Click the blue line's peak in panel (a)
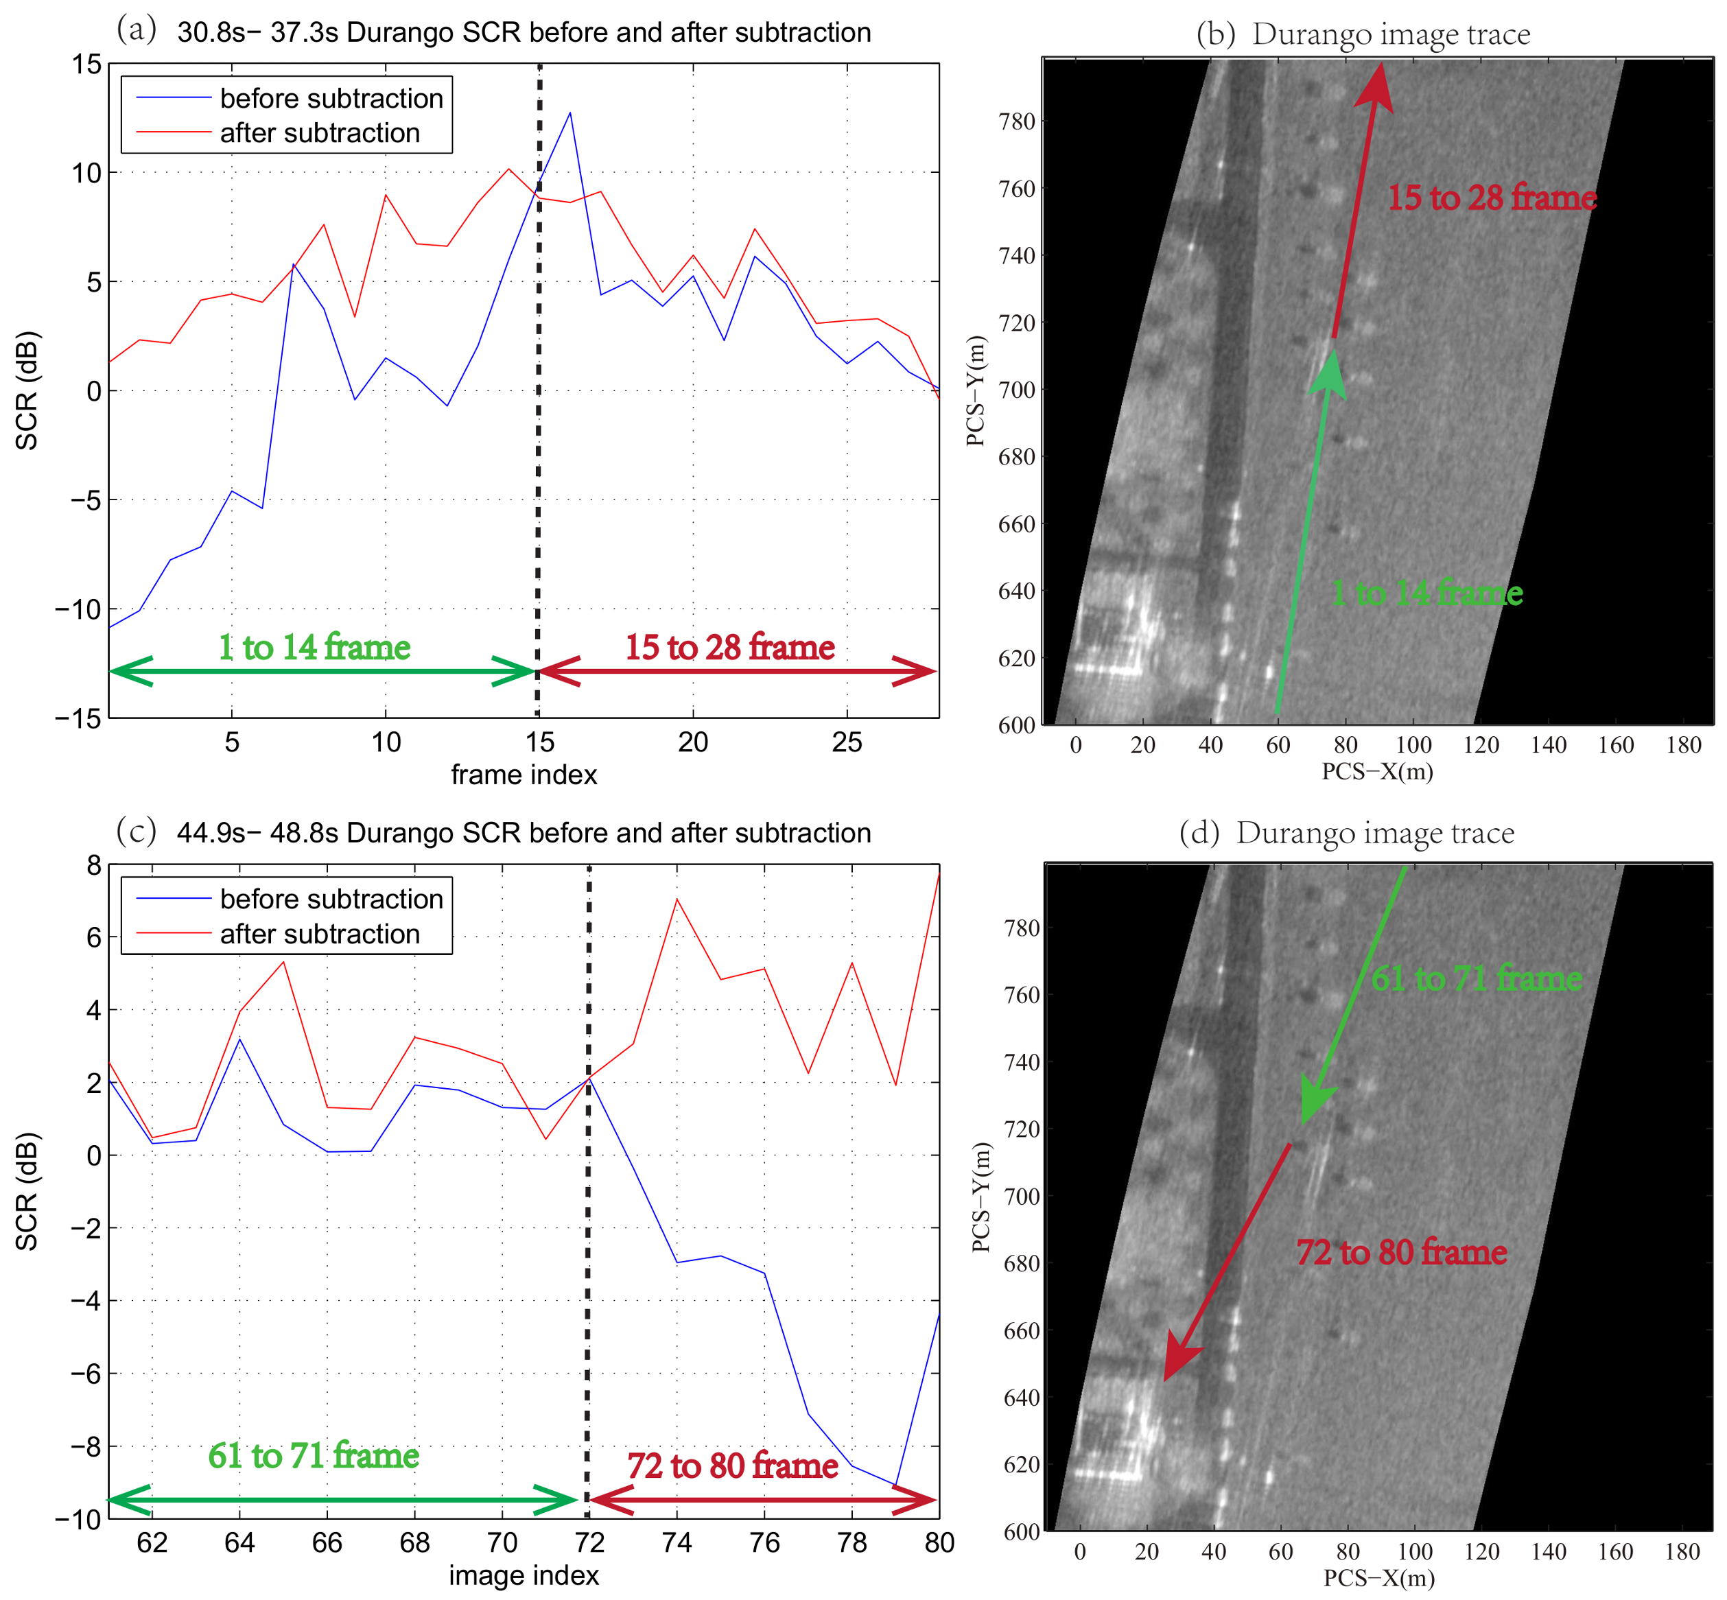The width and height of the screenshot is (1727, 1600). pyautogui.click(x=569, y=113)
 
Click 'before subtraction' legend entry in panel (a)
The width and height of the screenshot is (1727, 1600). pyautogui.click(x=331, y=99)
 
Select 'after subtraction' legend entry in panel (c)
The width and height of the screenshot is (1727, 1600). pyautogui.click(x=320, y=934)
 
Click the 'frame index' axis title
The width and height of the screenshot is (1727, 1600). pyautogui.click(x=524, y=775)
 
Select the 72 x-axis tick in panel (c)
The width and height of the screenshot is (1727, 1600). pyautogui.click(x=589, y=1543)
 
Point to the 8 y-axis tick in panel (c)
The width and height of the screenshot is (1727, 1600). pyautogui.click(x=93, y=865)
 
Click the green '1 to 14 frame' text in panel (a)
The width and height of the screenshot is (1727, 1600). pyautogui.click(x=314, y=648)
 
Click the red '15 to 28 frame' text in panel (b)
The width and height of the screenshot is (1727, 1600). pyautogui.click(x=1492, y=198)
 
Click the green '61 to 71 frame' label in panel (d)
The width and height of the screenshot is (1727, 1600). pyautogui.click(x=1476, y=978)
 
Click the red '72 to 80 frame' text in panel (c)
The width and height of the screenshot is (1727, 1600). pyautogui.click(x=732, y=1466)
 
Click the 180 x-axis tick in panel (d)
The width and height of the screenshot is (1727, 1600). pyautogui.click(x=1682, y=1551)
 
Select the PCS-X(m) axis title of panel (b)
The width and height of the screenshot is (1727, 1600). pyautogui.click(x=1376, y=770)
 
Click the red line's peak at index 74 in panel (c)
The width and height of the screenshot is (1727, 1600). pyautogui.click(x=677, y=899)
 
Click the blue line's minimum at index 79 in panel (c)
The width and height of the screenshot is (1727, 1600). pyautogui.click(x=895, y=1485)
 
